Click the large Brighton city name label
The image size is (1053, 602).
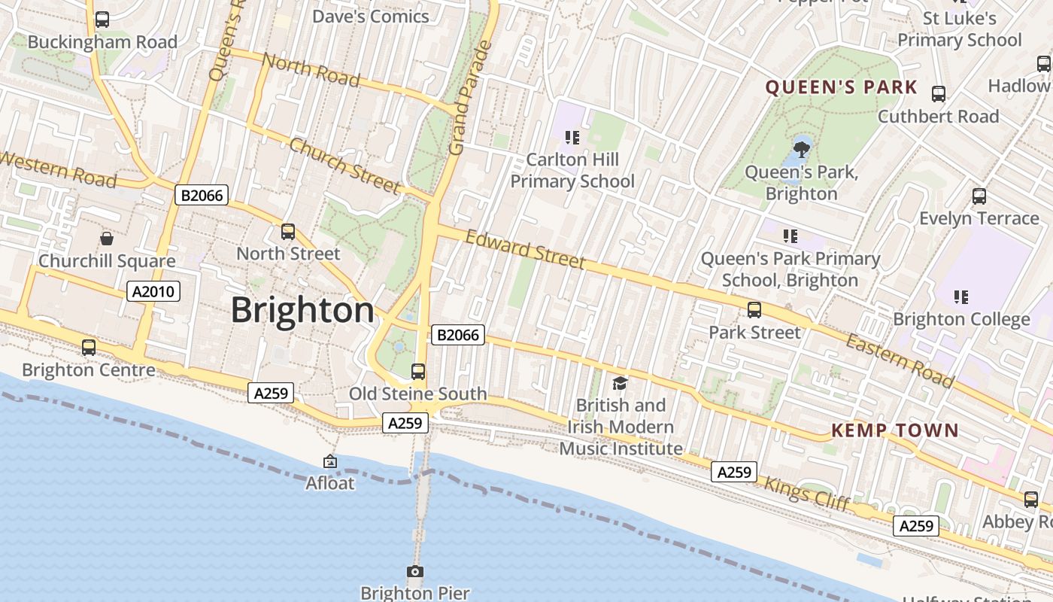(302, 310)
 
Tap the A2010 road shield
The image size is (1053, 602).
(153, 291)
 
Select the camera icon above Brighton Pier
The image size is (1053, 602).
(415, 571)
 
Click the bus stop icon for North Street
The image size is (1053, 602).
(288, 232)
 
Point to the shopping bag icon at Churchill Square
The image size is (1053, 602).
(107, 239)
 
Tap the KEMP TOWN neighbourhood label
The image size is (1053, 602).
(894, 430)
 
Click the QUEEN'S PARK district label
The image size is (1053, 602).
(841, 87)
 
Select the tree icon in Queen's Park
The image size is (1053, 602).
(802, 148)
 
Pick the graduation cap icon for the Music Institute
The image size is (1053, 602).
(621, 384)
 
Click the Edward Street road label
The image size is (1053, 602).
(525, 249)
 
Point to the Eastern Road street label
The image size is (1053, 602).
(900, 361)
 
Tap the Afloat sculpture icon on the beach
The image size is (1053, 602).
(330, 461)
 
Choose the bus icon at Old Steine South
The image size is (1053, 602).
(418, 371)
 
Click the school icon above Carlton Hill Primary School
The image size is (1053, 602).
(572, 137)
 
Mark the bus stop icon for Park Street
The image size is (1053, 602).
(754, 310)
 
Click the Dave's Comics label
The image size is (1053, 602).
(370, 16)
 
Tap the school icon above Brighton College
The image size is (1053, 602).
(961, 297)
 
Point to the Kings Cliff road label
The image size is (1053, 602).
(806, 494)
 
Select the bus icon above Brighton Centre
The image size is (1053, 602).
(89, 348)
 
